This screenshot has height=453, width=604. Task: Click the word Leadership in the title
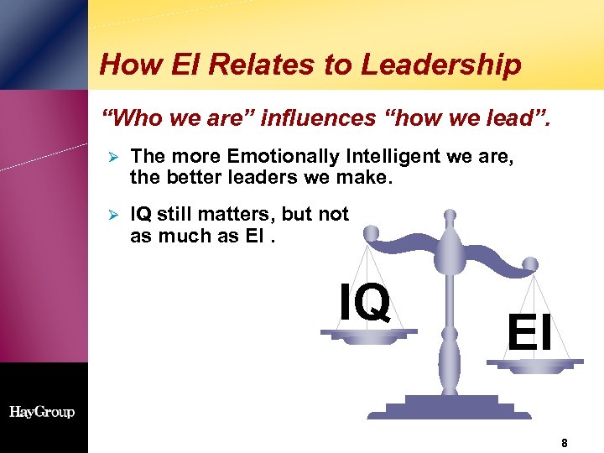pos(451,65)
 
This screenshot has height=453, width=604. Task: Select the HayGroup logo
pos(42,412)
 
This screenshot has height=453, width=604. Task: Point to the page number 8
pos(565,442)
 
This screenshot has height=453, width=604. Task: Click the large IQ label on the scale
pos(365,302)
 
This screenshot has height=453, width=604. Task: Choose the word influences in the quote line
pos(317,119)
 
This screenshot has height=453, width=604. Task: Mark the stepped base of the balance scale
pos(448,409)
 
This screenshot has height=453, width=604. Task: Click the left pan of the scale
pos(369,335)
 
